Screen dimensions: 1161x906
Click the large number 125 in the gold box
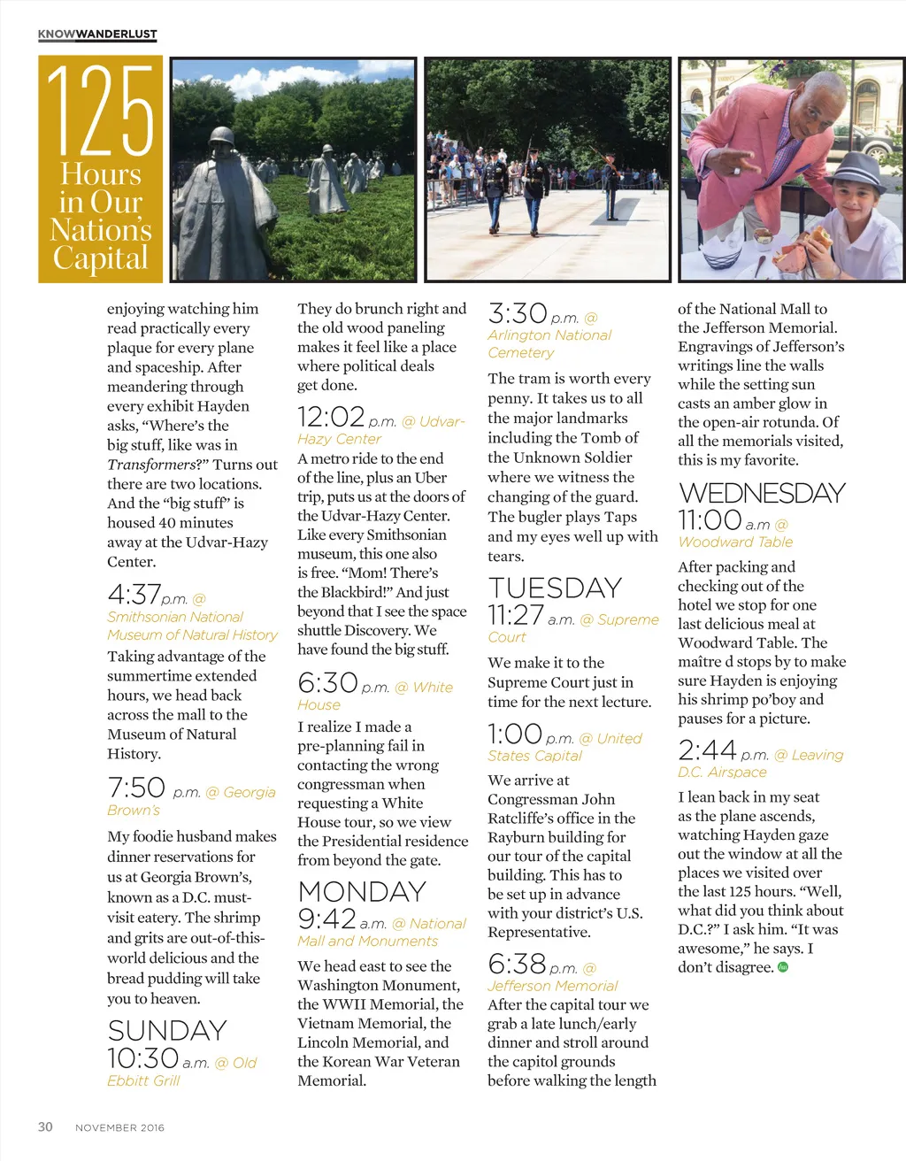[x=100, y=111]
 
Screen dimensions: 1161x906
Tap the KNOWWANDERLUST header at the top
[x=97, y=35]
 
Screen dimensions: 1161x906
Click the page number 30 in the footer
[x=45, y=1126]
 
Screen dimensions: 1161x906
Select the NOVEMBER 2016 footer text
[x=119, y=1127]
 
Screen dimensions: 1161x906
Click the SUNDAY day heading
[x=167, y=1031]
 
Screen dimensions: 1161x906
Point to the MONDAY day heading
[x=362, y=892]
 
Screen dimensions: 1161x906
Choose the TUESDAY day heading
[x=555, y=588]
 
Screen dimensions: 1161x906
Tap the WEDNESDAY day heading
[x=762, y=493]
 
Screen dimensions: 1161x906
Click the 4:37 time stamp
[x=134, y=595]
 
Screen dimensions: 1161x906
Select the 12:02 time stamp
[x=331, y=417]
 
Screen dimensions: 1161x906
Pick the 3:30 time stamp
[x=518, y=314]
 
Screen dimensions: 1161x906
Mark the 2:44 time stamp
[x=707, y=751]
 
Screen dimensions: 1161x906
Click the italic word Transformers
[x=151, y=465]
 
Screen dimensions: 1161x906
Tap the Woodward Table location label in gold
[x=735, y=542]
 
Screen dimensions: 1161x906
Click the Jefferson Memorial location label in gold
[x=552, y=986]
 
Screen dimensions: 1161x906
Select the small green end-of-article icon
[x=782, y=967]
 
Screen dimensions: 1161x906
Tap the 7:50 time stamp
[x=136, y=788]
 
